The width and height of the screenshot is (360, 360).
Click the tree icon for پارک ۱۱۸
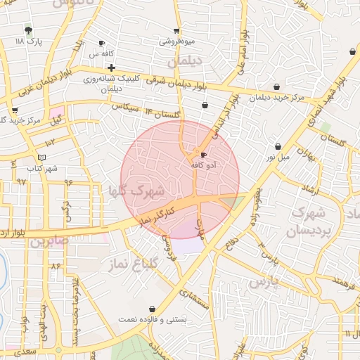(x=28, y=30)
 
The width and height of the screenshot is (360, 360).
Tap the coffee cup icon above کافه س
(x=102, y=43)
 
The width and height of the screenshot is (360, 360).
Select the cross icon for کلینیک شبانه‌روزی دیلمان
(x=112, y=68)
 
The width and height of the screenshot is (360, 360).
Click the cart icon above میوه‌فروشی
(x=176, y=30)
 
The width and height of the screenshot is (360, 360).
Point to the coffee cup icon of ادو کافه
(x=204, y=155)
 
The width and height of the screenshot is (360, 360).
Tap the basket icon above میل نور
(x=278, y=146)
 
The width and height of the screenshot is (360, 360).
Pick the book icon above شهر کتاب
(x=41, y=156)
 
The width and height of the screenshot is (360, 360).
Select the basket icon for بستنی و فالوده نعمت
(x=153, y=309)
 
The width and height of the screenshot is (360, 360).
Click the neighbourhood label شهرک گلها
(x=136, y=190)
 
